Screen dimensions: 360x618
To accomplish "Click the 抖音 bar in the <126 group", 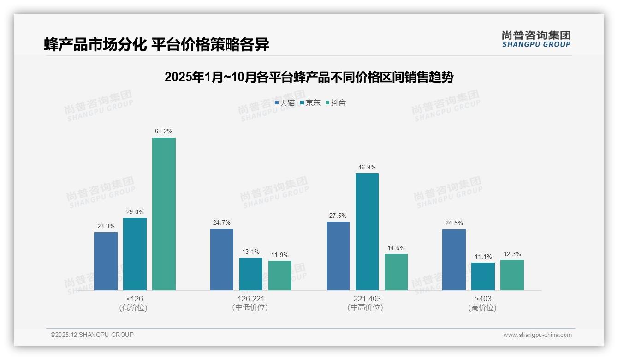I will click(x=164, y=214).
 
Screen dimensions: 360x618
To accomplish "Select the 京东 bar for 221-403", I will click(x=367, y=232).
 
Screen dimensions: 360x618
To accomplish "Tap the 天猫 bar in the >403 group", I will click(x=454, y=260).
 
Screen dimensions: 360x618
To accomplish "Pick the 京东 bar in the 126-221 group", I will click(x=250, y=274).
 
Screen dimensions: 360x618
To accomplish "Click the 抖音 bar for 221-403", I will click(x=396, y=272).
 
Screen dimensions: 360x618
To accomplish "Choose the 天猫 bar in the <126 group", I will click(x=106, y=261).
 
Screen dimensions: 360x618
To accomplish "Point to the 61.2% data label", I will click(x=164, y=132).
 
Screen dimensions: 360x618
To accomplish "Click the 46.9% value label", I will click(x=367, y=167).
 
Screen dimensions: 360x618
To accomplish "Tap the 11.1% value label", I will click(x=483, y=257).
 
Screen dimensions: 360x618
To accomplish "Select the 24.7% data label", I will click(x=222, y=223).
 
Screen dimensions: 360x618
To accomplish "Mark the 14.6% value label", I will click(x=396, y=248).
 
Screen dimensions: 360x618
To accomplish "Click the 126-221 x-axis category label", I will click(x=250, y=299).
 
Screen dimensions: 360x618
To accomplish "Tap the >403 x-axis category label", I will click(x=483, y=299).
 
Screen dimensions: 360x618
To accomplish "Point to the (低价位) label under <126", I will click(x=134, y=307).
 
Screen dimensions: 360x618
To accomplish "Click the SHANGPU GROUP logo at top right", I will click(x=536, y=39).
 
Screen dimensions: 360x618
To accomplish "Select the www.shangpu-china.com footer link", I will click(x=537, y=335).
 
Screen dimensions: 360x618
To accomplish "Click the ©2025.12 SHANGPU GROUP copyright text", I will click(x=92, y=335).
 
